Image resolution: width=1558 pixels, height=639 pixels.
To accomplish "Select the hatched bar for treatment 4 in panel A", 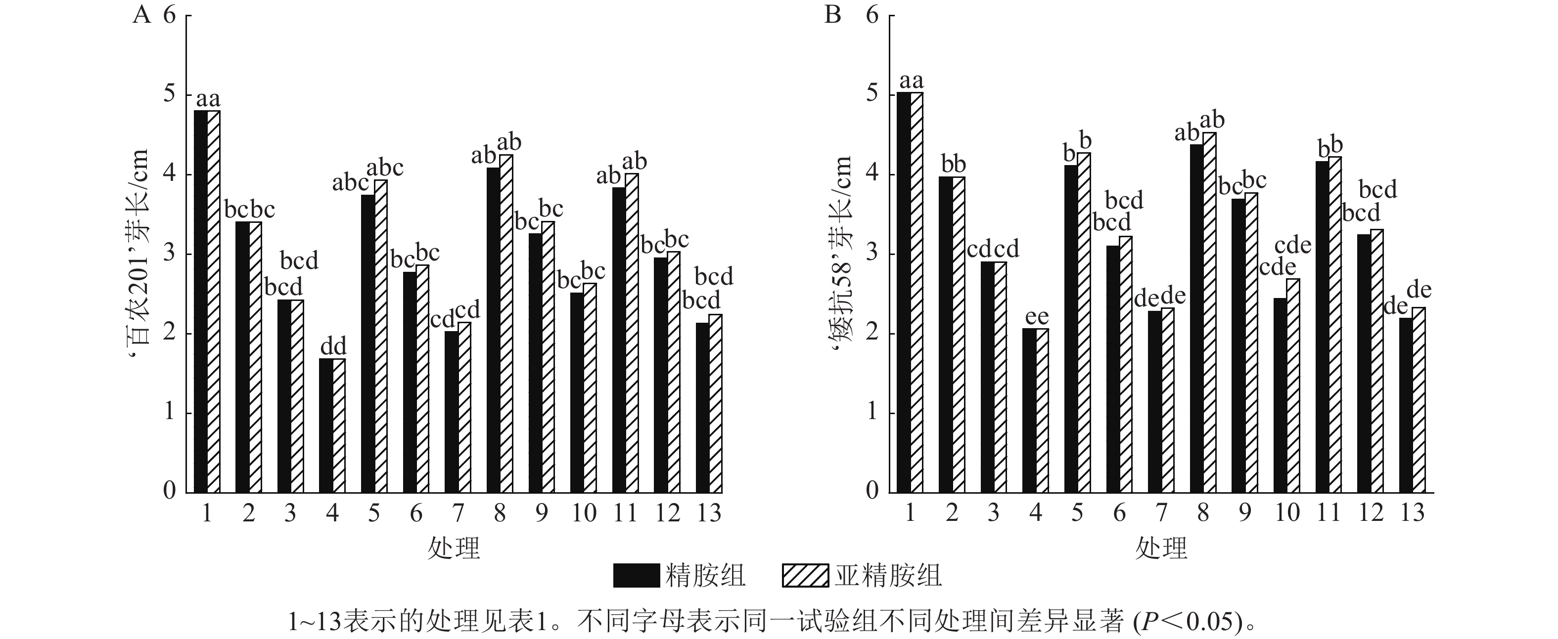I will [x=339, y=426].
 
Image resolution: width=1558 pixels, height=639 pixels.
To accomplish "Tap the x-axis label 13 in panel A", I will [x=709, y=513].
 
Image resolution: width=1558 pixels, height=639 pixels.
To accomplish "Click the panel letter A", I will [x=141, y=14].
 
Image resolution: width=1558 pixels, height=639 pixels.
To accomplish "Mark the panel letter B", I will [x=833, y=14].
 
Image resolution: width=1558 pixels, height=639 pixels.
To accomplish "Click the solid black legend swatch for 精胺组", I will [x=636, y=576].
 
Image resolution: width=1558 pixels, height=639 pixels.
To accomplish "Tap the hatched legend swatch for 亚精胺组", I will [x=805, y=576].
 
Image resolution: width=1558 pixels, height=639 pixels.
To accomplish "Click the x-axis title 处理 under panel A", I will [x=454, y=549].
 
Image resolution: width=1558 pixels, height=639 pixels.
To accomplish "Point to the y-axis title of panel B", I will [x=841, y=254].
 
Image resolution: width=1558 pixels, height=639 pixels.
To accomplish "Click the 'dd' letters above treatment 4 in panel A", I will [x=333, y=347].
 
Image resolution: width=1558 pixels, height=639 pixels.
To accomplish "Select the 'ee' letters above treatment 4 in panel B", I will [x=1037, y=317].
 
